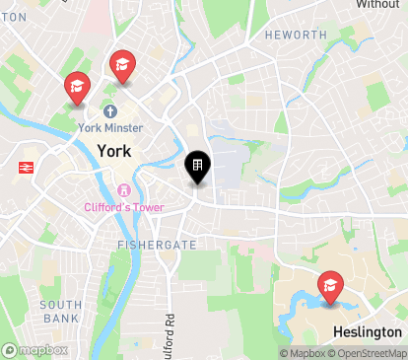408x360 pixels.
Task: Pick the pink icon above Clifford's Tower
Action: click(x=124, y=190)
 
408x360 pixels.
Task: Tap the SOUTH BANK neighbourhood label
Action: click(x=61, y=312)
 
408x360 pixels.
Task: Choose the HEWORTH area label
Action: click(x=296, y=35)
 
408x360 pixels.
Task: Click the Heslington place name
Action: click(x=368, y=332)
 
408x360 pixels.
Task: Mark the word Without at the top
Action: click(x=377, y=5)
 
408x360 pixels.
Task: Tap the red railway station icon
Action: click(x=24, y=168)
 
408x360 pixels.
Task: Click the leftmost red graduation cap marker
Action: click(x=76, y=87)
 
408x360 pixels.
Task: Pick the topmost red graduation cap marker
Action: click(x=122, y=65)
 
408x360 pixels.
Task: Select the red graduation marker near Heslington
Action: click(x=330, y=287)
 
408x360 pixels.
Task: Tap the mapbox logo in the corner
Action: click(x=35, y=350)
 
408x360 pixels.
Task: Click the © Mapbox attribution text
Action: click(x=302, y=353)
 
